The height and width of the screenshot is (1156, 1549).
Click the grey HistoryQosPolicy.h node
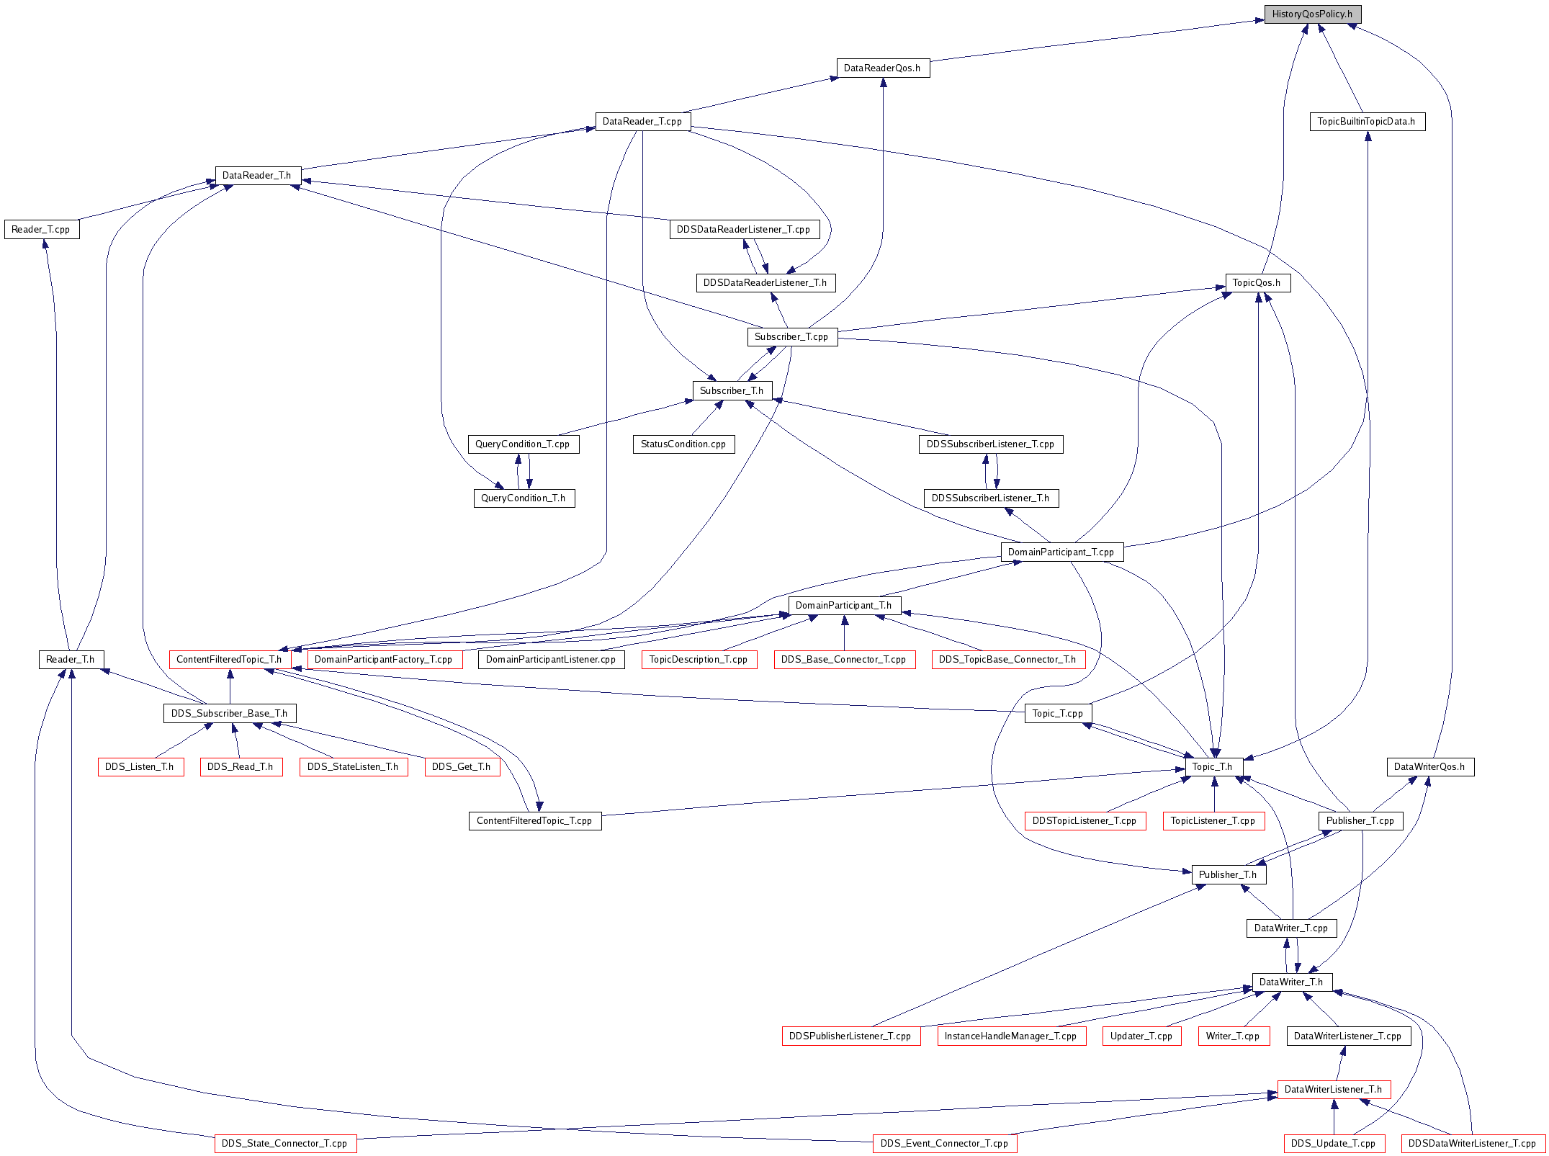[1313, 14]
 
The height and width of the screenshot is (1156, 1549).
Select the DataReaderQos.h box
[883, 68]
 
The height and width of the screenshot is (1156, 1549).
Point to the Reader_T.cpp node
[42, 230]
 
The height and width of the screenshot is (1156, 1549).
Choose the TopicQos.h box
[1258, 283]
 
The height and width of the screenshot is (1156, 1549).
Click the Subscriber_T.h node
[732, 391]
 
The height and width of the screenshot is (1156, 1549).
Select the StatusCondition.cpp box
[684, 444]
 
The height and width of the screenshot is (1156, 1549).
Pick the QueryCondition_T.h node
[524, 498]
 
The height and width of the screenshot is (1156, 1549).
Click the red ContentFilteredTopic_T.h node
[230, 660]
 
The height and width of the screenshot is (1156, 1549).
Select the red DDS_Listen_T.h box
[140, 767]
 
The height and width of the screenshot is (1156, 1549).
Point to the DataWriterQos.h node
[1430, 767]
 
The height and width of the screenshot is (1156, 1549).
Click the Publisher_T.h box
[1229, 875]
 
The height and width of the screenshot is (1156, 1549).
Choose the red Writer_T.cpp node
[1234, 1036]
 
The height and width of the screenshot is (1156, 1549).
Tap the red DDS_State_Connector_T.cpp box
[285, 1144]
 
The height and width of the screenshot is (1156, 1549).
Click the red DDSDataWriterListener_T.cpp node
[1473, 1144]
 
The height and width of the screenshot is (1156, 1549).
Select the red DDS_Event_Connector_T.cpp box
[945, 1144]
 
